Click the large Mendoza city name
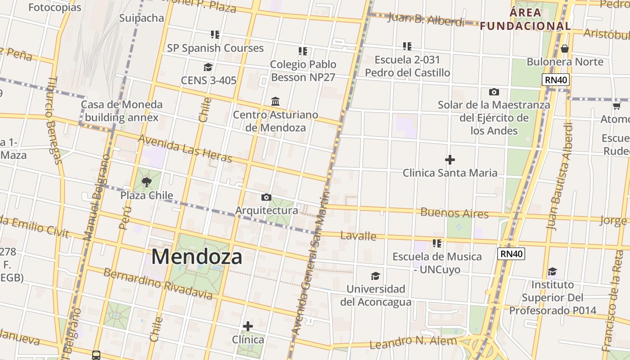pos(197,257)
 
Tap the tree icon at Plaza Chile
pos(146,182)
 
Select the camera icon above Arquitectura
pos(266,197)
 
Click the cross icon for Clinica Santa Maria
pos(450,160)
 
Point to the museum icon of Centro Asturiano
pos(275,101)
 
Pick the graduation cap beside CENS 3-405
pos(208,67)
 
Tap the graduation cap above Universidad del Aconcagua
pos(375,275)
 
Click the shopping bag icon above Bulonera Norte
pos(565,48)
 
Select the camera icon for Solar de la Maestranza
pos(494,92)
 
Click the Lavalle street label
pos(358,235)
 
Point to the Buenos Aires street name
pos(454,212)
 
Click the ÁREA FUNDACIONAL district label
pos(525,19)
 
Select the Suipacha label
pos(141,18)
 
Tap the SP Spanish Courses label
pos(215,48)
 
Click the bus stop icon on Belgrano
pos(96,355)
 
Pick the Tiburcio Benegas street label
pos(53,120)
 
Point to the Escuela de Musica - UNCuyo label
pos(437,263)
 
